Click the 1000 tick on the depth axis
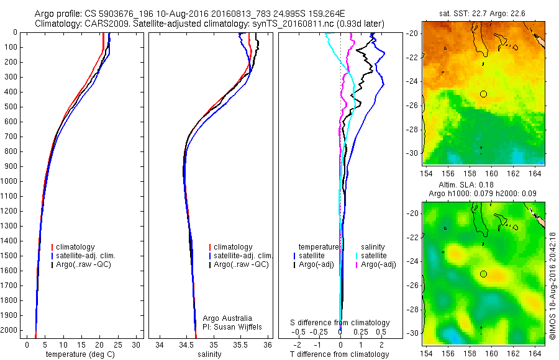pos(11,181)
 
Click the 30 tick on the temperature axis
pos(137,344)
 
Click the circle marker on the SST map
pos(483,94)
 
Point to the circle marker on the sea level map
pos(483,274)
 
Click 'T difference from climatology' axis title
pos(340,354)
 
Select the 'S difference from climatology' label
pos(340,323)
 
